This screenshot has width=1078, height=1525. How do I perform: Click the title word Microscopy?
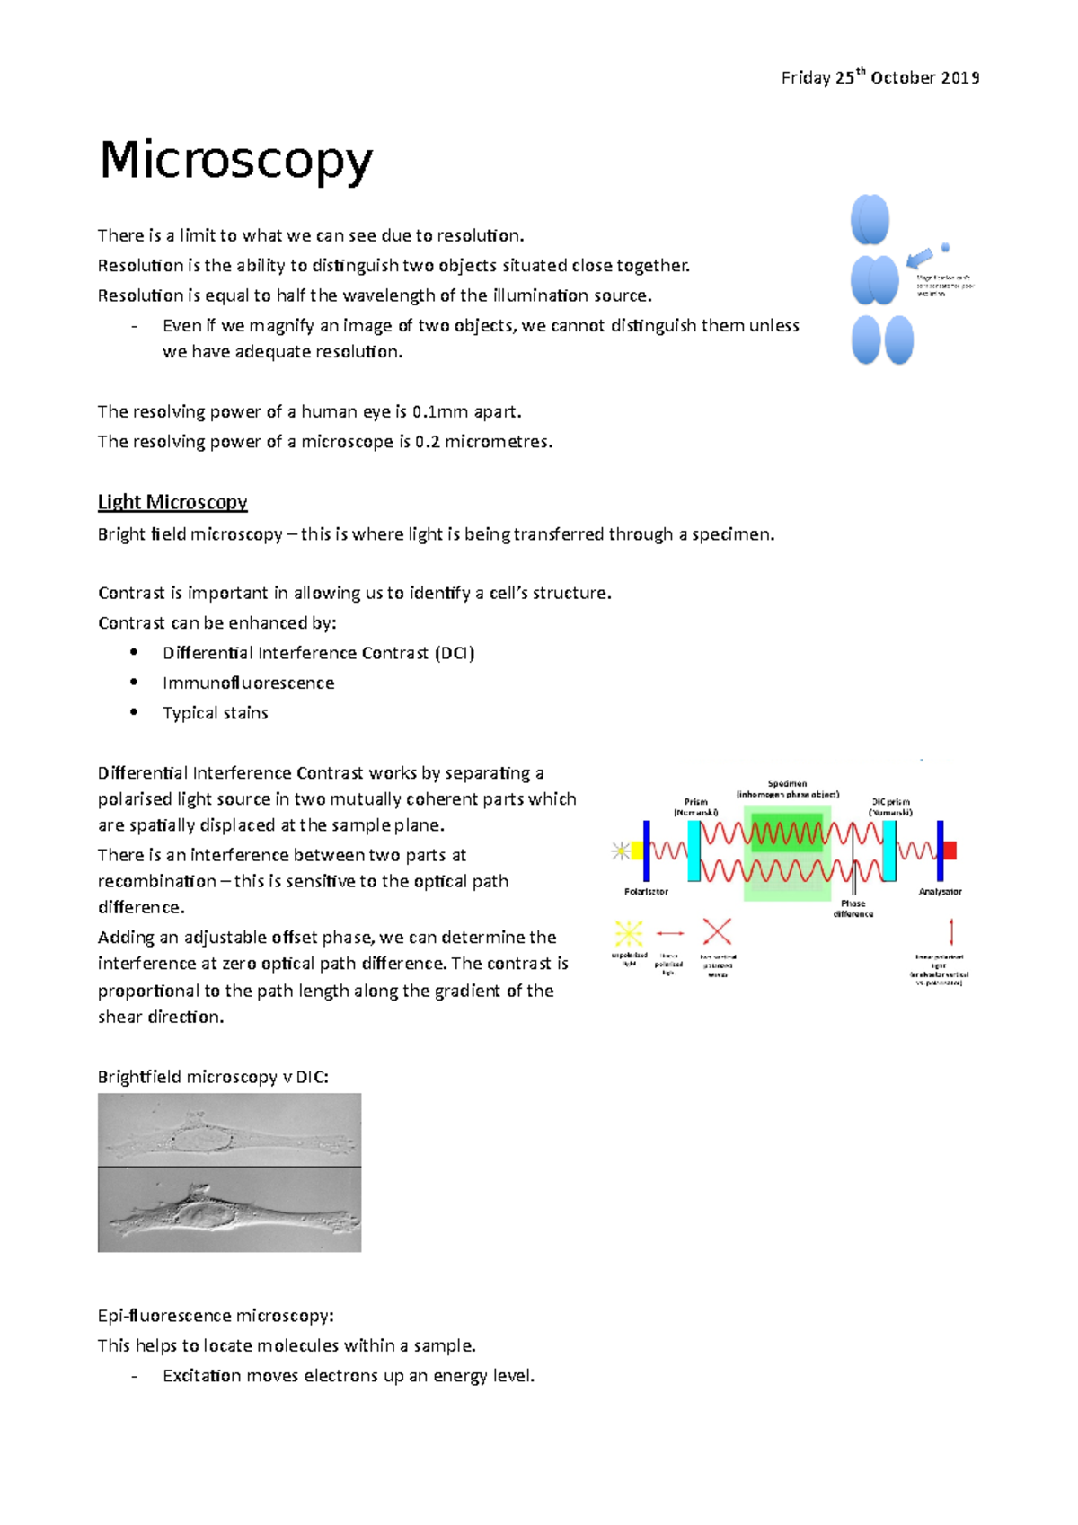click(235, 163)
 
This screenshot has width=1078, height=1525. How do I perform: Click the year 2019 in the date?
click(960, 78)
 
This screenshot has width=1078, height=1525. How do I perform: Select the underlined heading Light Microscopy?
click(172, 502)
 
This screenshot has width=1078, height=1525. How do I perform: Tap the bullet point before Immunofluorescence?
click(134, 683)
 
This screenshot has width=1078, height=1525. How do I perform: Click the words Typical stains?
click(216, 713)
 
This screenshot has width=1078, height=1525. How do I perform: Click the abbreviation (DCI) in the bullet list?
click(455, 653)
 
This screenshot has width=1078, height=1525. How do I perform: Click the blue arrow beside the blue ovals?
click(919, 260)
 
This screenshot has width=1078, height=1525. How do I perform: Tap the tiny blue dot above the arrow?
click(945, 247)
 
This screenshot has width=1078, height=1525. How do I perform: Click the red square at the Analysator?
click(950, 851)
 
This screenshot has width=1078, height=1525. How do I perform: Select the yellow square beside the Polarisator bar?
click(637, 851)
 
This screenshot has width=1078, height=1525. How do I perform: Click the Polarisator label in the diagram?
click(646, 892)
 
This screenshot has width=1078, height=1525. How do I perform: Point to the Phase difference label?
click(853, 909)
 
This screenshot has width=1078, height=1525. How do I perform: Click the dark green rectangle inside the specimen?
click(787, 833)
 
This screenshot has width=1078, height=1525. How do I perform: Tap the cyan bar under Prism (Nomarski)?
click(694, 851)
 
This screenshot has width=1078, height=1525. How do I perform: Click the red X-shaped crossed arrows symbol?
click(717, 932)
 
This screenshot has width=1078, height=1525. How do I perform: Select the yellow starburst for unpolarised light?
click(629, 934)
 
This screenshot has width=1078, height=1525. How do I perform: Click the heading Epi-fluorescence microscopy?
click(216, 1316)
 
